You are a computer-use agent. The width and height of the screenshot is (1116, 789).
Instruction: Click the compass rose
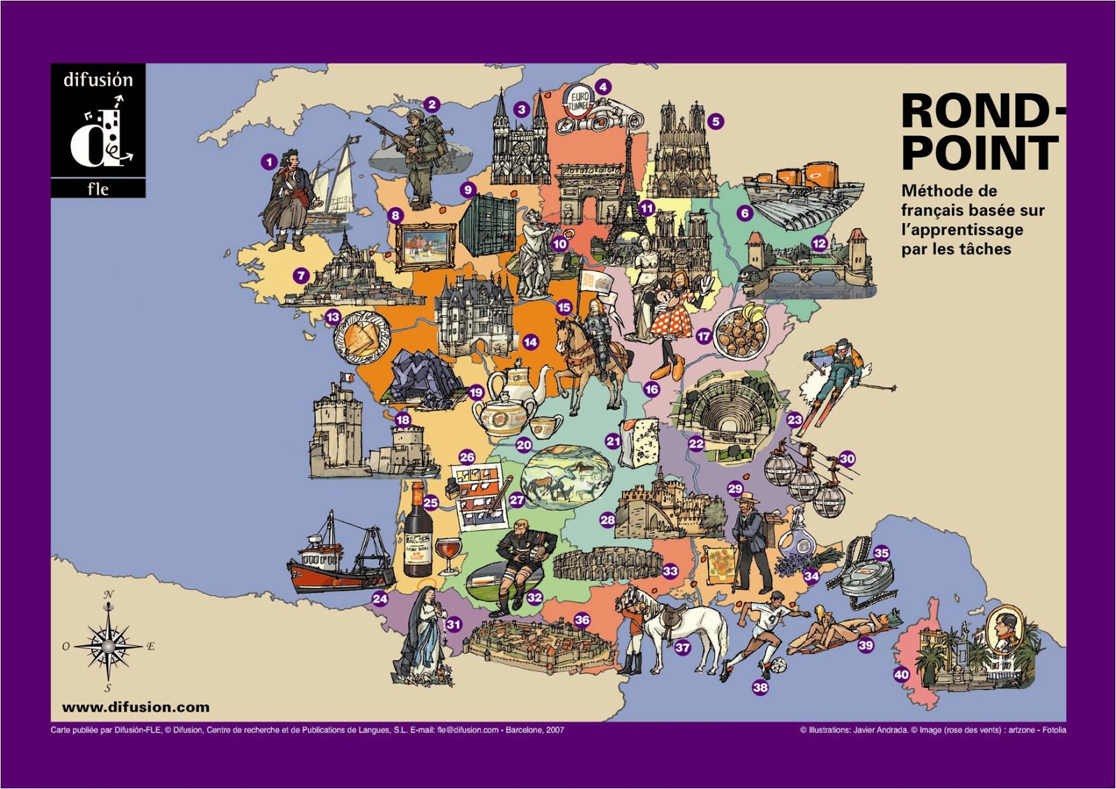108,644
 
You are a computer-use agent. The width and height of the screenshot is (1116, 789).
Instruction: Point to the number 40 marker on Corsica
901,675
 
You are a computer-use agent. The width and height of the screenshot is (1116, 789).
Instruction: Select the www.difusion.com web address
135,707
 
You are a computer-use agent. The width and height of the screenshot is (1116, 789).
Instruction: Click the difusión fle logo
98,130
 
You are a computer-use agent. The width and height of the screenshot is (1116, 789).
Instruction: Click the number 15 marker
564,307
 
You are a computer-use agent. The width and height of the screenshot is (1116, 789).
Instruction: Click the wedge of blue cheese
640,443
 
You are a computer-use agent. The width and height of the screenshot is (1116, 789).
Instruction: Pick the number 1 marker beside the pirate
269,162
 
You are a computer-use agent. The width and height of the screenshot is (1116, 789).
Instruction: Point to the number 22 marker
696,444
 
